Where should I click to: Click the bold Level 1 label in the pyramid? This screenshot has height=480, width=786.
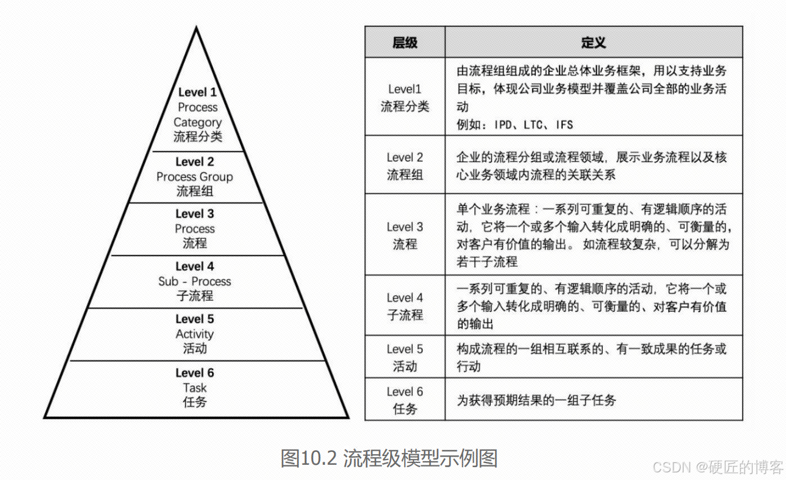point(197,92)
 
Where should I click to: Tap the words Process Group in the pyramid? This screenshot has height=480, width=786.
point(194,177)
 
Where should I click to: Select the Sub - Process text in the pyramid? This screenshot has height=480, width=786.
point(194,282)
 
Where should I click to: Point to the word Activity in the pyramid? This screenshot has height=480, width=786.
point(194,334)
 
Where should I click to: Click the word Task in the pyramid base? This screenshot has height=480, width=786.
point(194,388)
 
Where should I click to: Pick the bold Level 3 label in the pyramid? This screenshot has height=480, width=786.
point(194,214)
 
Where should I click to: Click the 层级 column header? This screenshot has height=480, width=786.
point(405,42)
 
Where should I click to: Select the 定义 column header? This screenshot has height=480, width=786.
point(593,42)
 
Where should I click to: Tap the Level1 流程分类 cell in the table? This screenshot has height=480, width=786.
point(405,97)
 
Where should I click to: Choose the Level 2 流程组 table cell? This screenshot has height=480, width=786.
point(405,166)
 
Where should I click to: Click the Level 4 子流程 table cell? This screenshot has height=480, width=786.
point(405,306)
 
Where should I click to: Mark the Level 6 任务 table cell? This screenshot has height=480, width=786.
point(405,400)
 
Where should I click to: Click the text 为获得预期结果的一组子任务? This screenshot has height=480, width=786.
point(536,401)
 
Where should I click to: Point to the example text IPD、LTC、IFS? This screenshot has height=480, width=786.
point(515,125)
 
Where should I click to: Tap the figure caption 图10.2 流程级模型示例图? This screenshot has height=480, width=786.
point(389,458)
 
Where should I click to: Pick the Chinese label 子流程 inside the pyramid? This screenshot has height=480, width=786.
point(194,296)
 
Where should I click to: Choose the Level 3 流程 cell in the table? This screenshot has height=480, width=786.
point(405,235)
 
